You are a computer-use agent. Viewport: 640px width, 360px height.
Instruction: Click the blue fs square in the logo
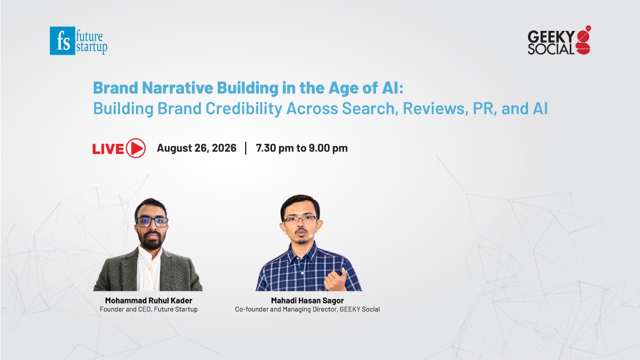coord(62,41)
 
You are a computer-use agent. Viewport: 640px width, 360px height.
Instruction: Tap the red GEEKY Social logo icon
coord(583,41)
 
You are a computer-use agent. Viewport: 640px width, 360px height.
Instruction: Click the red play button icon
coord(135,148)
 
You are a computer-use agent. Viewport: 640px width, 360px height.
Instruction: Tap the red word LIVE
coord(108,149)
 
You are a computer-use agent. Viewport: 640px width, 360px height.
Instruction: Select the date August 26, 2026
coord(197,148)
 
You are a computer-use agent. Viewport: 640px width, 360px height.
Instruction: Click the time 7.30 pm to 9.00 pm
coord(302,148)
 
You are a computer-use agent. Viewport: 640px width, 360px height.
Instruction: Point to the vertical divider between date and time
coord(246,148)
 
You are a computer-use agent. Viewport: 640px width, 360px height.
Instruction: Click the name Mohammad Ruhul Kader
coord(149,301)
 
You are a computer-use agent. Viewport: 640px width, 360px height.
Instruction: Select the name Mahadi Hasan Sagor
coord(307,301)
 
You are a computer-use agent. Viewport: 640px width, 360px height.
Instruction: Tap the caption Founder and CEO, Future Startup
coord(149,309)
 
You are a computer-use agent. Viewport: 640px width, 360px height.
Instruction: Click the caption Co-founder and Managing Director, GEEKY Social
coord(307,309)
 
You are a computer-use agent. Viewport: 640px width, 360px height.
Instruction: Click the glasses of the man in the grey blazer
coord(152,222)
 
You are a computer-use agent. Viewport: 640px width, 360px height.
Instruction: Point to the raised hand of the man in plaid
coord(337,279)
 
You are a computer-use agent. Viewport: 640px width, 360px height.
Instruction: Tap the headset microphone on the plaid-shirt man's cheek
coord(311,236)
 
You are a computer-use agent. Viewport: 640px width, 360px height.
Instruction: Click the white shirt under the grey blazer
coord(149,269)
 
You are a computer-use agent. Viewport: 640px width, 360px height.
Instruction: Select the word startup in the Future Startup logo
coord(92,48)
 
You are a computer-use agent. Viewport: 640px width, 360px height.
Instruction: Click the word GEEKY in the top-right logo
coord(551,37)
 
